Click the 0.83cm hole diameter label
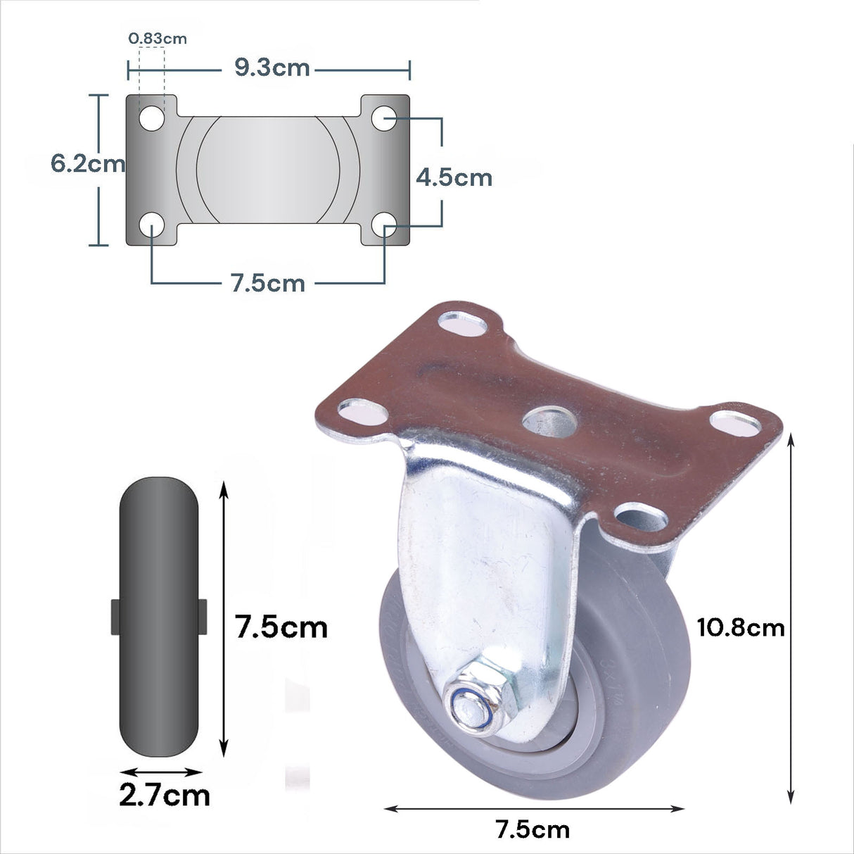(x=158, y=38)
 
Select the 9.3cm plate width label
(x=272, y=68)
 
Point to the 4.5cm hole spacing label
(x=454, y=177)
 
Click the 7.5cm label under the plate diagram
(x=267, y=283)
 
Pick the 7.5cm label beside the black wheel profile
(x=281, y=627)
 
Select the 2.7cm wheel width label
(x=165, y=796)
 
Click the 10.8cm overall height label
(x=740, y=627)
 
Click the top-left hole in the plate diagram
(x=151, y=118)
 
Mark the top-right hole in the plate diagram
(x=385, y=118)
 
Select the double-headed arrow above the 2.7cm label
(x=160, y=772)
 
